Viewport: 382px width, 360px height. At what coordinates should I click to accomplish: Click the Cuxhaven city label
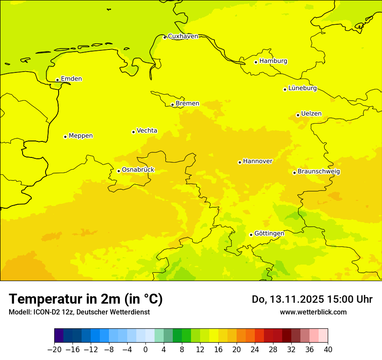[x=183, y=36]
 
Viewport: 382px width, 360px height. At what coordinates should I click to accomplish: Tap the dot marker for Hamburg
[x=256, y=62]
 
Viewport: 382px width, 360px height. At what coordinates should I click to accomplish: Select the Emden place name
[x=71, y=79]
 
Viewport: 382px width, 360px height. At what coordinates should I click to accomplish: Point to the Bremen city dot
[x=172, y=105]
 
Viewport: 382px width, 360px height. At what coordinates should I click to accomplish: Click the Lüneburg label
[x=302, y=88]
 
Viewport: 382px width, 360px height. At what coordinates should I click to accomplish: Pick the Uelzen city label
[x=311, y=114]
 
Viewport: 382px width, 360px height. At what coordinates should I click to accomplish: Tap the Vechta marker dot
[x=133, y=132]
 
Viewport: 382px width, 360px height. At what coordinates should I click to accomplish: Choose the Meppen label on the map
[x=81, y=136]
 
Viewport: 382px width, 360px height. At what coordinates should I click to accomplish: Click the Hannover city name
[x=257, y=161]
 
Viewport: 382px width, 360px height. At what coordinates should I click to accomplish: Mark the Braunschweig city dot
[x=294, y=173]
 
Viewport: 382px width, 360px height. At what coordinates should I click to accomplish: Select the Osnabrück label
[x=138, y=170]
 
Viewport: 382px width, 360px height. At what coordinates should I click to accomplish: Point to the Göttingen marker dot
[x=251, y=235]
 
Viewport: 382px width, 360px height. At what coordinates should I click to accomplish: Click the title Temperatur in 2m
[x=86, y=299]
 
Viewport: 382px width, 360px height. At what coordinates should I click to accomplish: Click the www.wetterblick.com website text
[x=313, y=312]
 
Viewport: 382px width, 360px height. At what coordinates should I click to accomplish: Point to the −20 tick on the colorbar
[x=54, y=349]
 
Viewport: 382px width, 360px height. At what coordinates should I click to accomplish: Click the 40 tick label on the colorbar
[x=328, y=349]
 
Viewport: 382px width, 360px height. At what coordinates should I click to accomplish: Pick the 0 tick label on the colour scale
[x=145, y=349]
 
